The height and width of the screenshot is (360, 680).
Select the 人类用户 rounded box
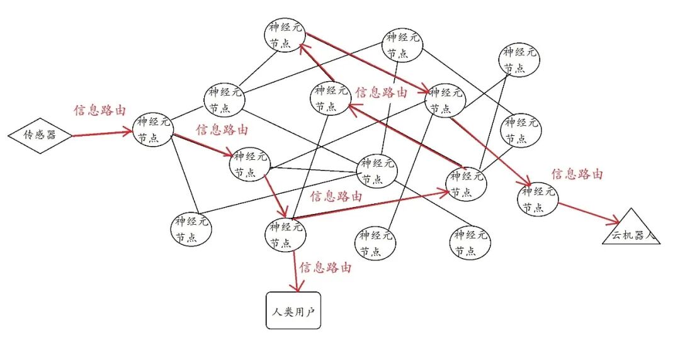(293, 311)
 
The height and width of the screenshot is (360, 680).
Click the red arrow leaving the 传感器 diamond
(101, 133)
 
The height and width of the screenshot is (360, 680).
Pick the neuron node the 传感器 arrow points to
(154, 129)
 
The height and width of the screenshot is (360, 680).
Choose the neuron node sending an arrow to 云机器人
(539, 198)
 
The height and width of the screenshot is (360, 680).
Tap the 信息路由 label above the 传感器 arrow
(99, 110)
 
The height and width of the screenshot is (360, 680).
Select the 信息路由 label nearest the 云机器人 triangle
(577, 174)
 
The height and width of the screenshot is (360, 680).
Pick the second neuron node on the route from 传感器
(251, 164)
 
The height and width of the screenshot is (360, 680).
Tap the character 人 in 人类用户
(277, 312)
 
